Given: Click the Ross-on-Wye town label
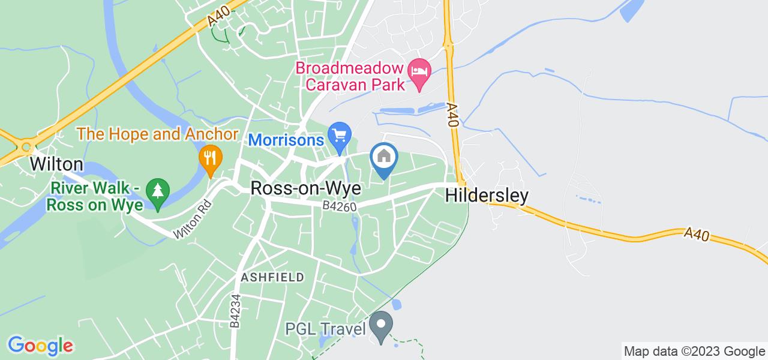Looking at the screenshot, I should click(305, 188).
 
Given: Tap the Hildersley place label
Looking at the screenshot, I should click(487, 196).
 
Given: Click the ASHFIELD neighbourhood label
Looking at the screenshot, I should click(272, 277).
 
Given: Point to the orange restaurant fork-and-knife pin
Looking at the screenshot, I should click(210, 158).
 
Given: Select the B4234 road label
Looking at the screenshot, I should click(236, 310).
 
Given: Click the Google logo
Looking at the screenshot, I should click(40, 346).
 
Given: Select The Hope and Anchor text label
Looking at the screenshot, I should click(158, 134).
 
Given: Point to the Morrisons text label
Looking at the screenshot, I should click(286, 139).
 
